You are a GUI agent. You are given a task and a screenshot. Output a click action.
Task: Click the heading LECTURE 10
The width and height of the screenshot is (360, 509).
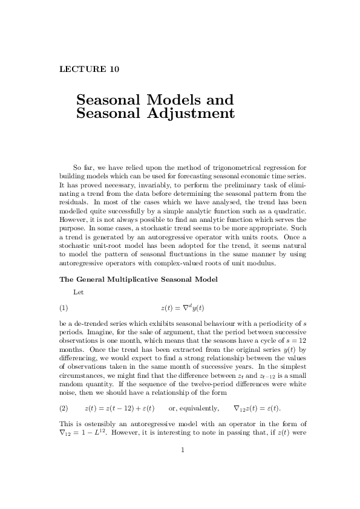[x=89, y=69]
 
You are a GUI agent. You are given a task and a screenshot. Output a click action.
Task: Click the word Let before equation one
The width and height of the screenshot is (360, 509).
[x=78, y=292]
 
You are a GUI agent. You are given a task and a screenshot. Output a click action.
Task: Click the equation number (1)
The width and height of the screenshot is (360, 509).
[x=64, y=308]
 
